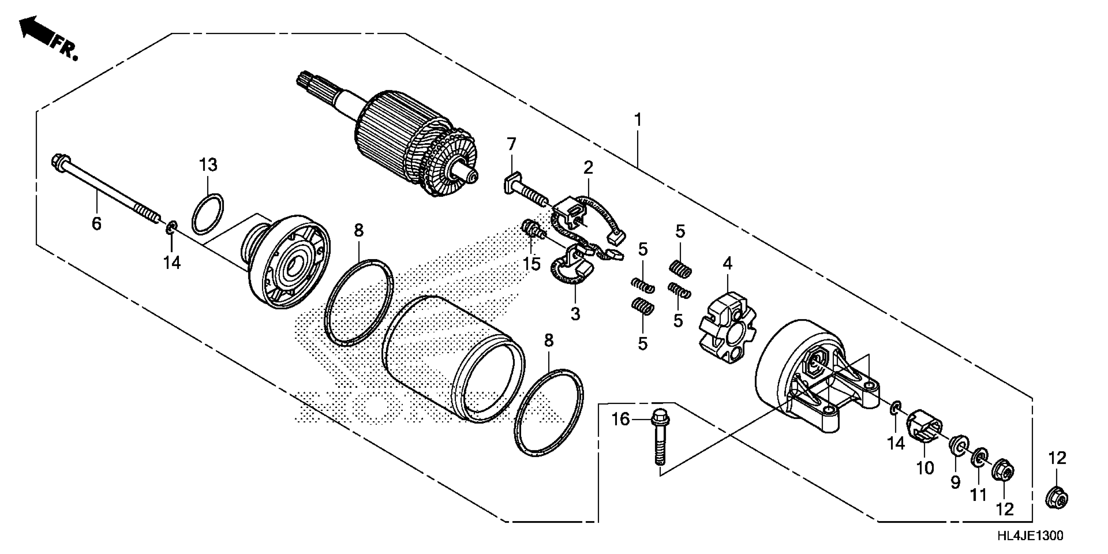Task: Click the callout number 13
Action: coord(208,165)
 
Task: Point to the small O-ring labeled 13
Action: coord(207,214)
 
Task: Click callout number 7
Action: coord(511,144)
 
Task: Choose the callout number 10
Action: coord(925,468)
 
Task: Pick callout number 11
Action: coord(979,495)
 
